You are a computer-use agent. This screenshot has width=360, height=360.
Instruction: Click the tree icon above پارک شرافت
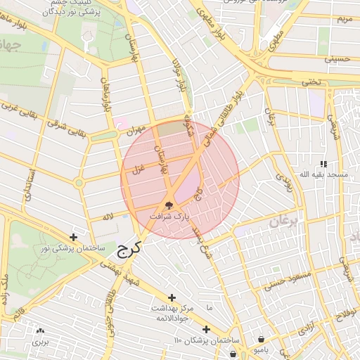169,205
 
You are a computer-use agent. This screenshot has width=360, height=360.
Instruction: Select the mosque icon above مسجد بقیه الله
323,163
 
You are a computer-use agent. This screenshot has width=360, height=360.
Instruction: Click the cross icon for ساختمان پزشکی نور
74,237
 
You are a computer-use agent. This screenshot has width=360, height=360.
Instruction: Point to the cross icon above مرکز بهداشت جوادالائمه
172,297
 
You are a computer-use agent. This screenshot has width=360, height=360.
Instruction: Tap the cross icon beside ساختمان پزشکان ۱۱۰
206,329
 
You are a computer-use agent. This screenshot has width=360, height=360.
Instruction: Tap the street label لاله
107,217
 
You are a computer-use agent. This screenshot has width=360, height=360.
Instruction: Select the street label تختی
310,82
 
